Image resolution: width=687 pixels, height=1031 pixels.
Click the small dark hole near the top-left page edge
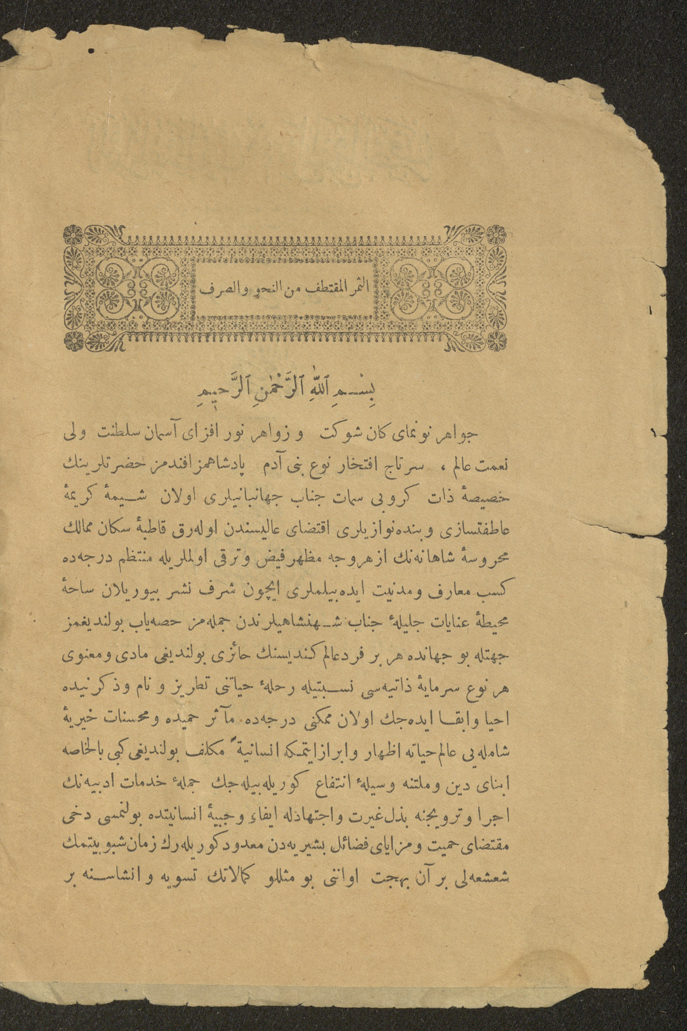[x=92, y=52]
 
